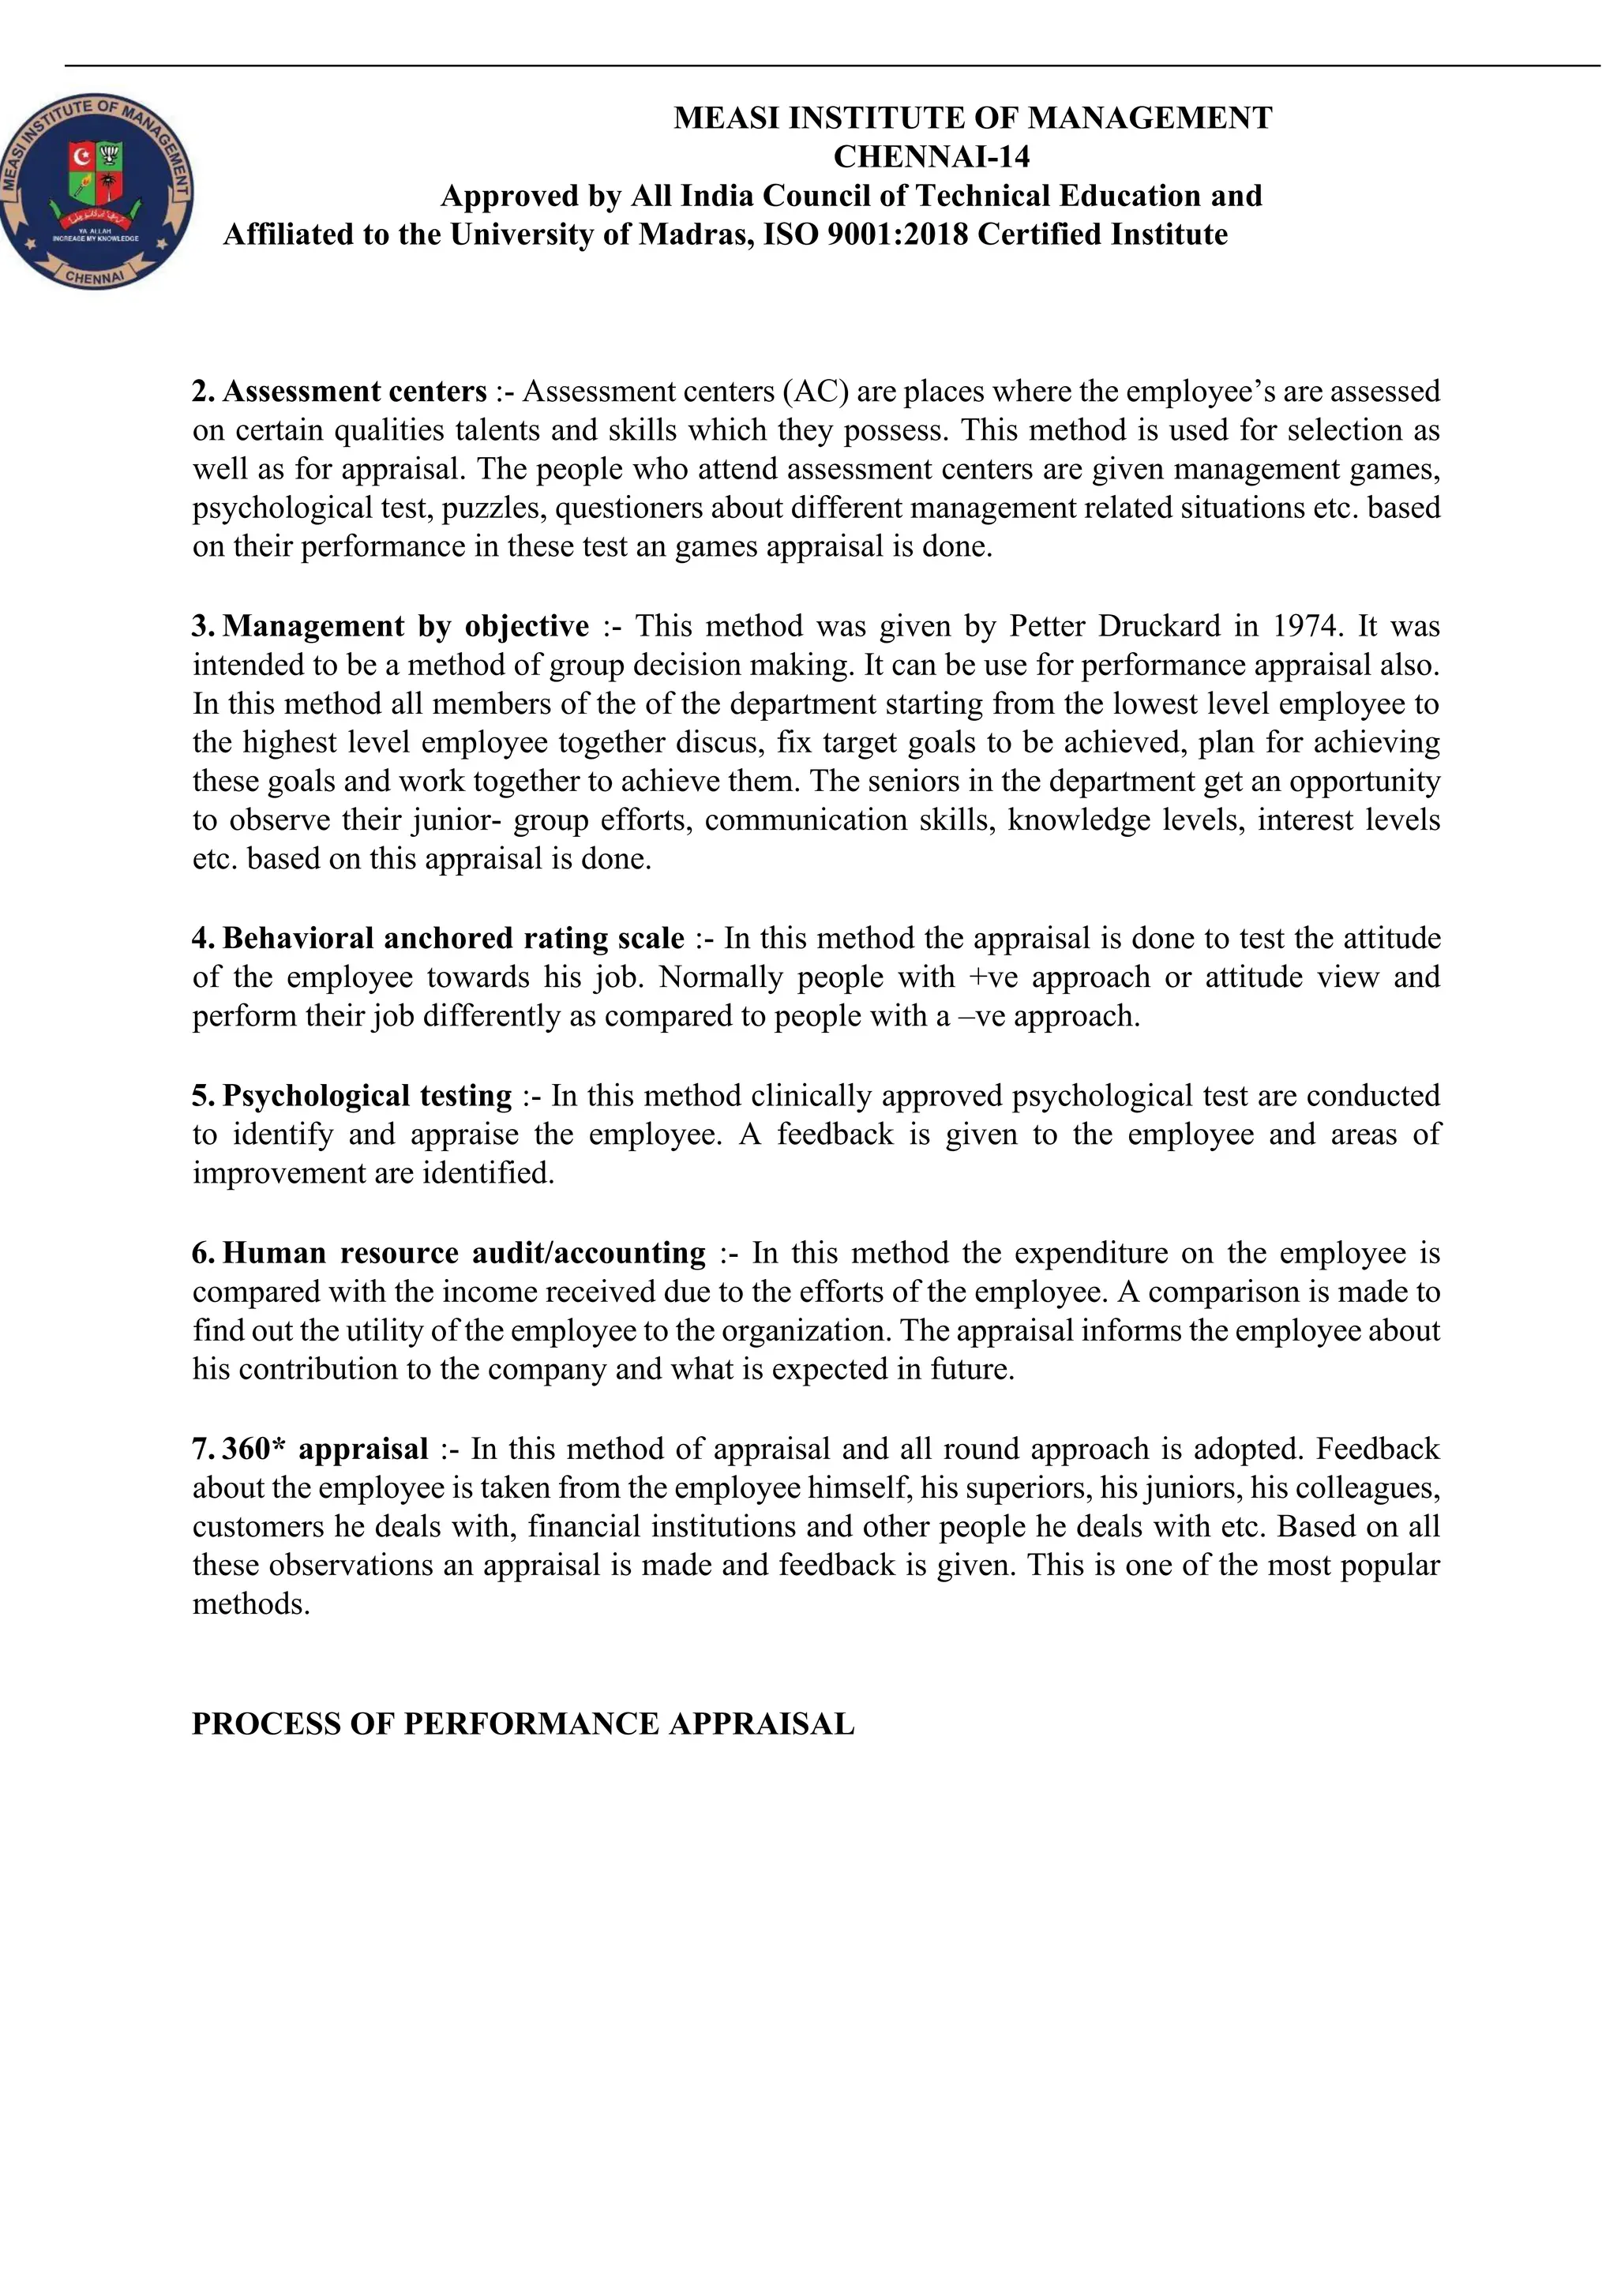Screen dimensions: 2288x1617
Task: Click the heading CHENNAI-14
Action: pos(931,156)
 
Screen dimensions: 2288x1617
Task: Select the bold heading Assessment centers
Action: pos(354,392)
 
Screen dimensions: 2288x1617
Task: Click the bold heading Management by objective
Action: pos(406,626)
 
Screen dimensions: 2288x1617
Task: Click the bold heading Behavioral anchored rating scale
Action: pos(453,939)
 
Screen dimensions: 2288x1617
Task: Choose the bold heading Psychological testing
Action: pos(366,1096)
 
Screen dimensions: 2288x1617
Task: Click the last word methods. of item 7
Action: pos(251,1604)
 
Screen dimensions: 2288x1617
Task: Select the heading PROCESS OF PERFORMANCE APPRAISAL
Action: pos(523,1724)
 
